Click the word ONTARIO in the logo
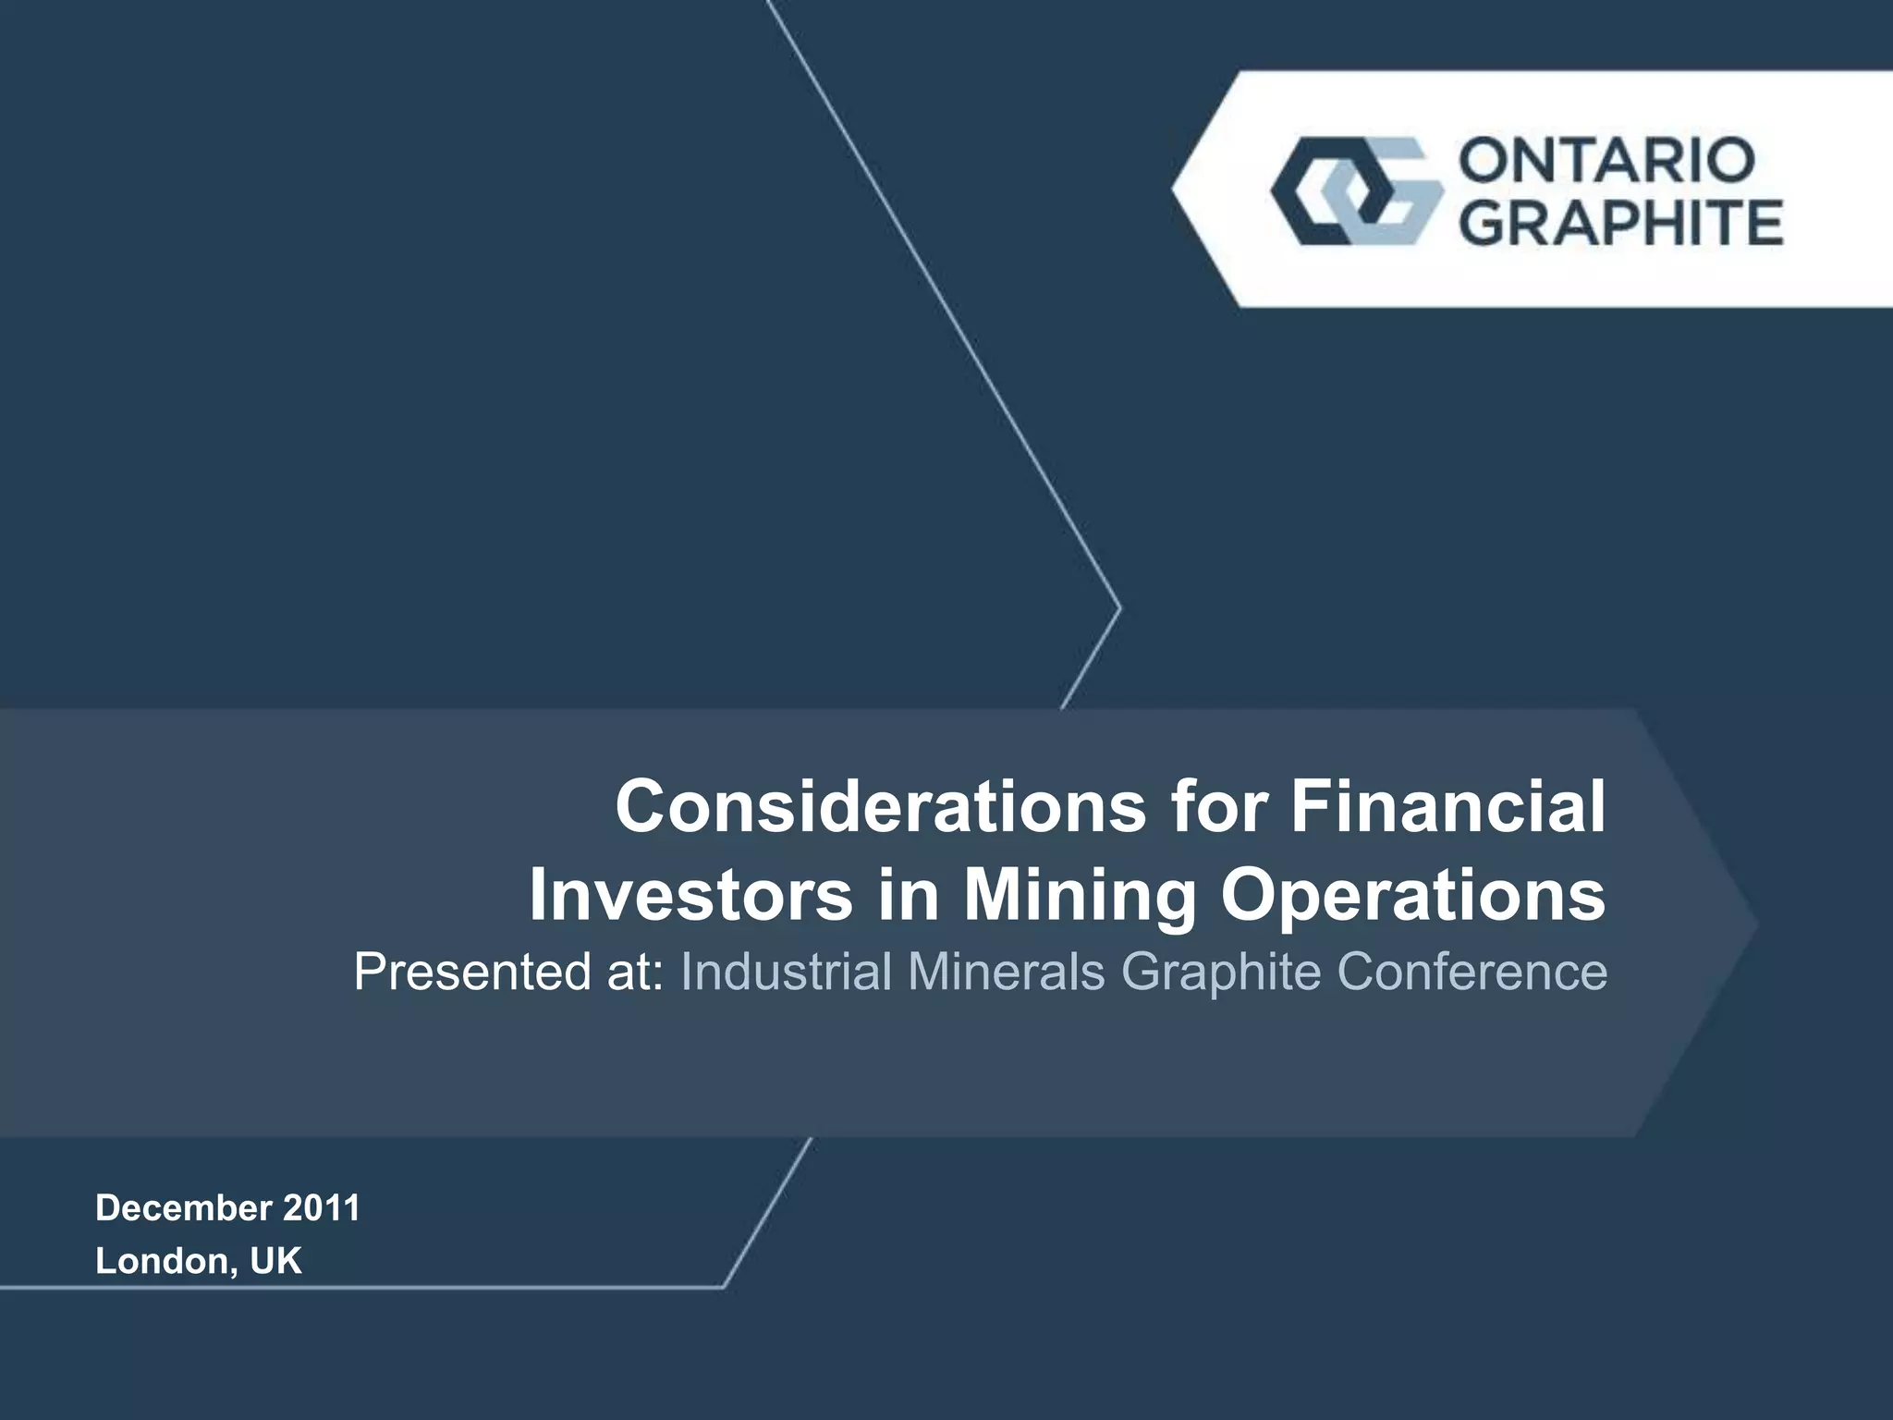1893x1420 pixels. [x=1606, y=161]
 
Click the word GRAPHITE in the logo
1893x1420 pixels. [x=1622, y=224]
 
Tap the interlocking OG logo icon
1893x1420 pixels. [x=1356, y=191]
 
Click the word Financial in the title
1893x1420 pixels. [x=1448, y=806]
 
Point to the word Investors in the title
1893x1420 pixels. [x=690, y=895]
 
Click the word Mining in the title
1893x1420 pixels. [x=1080, y=895]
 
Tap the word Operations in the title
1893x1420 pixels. [x=1413, y=895]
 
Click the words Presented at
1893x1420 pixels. [x=508, y=972]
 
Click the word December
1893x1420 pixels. [x=183, y=1208]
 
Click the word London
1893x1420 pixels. [x=162, y=1261]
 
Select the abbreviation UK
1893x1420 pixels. [x=275, y=1261]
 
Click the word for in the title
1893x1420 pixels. [x=1218, y=806]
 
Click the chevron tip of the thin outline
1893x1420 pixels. [x=1119, y=608]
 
